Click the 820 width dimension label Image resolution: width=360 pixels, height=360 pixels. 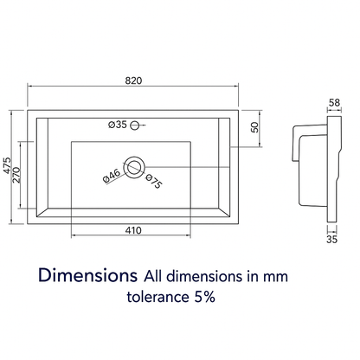coord(133,80)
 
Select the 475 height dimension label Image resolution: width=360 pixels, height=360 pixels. coord(7,165)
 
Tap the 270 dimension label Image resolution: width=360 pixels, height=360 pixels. coord(16,175)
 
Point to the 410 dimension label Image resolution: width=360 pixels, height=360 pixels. coord(133,230)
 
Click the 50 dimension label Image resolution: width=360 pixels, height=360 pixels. coord(254,127)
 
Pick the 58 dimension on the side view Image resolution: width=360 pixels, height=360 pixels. coord(334,102)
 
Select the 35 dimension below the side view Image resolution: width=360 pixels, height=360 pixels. coord(331,239)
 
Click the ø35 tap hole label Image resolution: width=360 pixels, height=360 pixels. coord(118,125)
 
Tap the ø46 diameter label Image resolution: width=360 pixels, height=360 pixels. coord(112,176)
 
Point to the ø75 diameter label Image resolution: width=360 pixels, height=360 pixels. coord(154,182)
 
